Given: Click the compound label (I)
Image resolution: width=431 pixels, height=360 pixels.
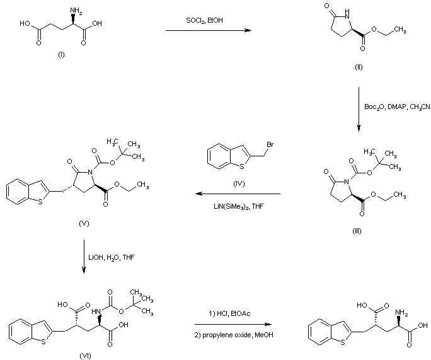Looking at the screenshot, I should (x=61, y=55).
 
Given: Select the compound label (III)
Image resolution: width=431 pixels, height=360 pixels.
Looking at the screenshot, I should (x=357, y=231).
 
